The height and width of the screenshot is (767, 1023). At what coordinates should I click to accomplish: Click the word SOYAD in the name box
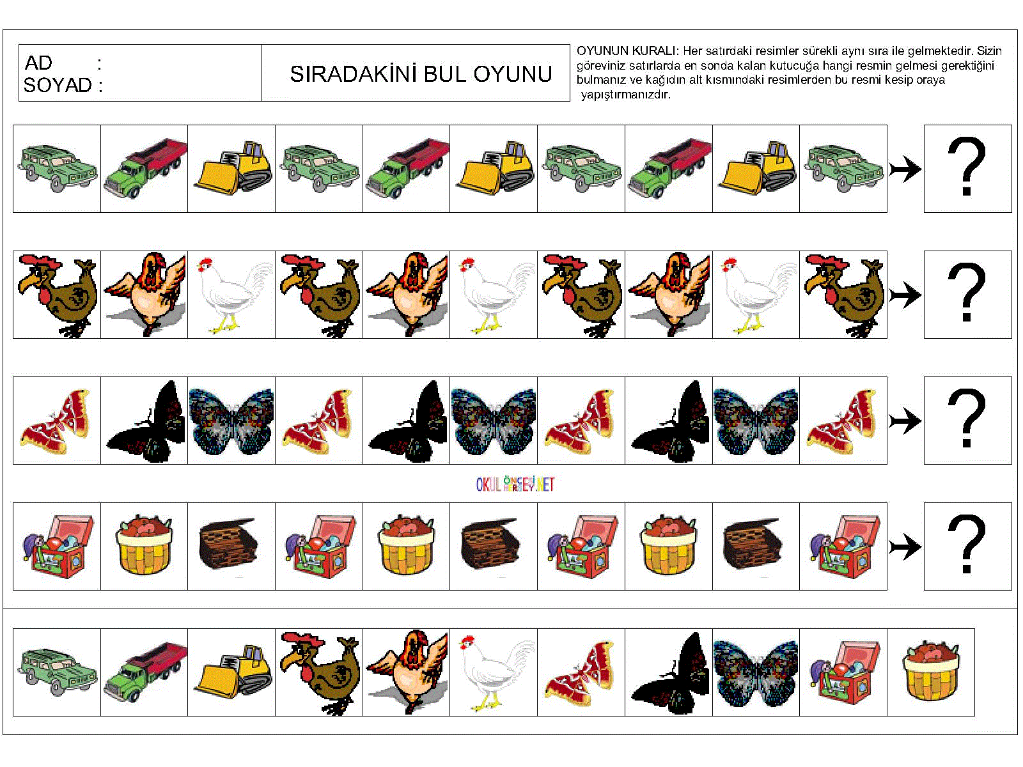pos(58,85)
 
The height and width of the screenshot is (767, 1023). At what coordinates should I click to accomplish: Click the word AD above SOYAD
pos(38,63)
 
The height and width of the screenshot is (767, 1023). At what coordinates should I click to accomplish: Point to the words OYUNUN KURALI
pos(627,51)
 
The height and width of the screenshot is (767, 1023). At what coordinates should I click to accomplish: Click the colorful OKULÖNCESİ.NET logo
pos(515,484)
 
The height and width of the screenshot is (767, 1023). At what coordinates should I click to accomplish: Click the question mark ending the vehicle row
pos(967,168)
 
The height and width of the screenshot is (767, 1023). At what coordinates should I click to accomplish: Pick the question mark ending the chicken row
pos(967,294)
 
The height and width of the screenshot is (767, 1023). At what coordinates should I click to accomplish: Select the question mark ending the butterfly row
pos(967,420)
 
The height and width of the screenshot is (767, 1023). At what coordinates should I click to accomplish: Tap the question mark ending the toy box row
pos(967,546)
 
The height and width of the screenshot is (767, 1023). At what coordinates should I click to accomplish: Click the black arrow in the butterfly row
pos(905,421)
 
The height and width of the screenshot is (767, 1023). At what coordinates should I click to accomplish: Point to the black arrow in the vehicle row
pos(905,169)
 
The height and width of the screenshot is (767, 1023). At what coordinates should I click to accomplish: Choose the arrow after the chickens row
pos(905,295)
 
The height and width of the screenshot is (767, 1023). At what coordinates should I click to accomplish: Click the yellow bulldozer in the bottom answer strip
pos(232,672)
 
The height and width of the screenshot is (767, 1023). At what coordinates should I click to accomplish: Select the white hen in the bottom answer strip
pos(494,672)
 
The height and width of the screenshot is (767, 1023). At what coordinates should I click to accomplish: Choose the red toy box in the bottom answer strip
pos(843,672)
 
